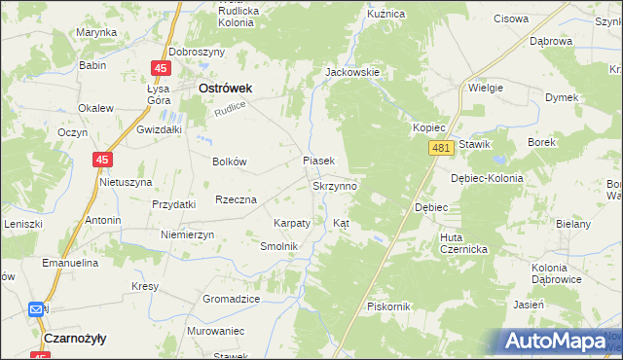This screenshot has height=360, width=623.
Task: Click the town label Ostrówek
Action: (x=225, y=88)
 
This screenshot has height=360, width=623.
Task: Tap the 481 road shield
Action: (x=441, y=148)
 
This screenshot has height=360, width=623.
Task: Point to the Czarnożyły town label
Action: (x=75, y=339)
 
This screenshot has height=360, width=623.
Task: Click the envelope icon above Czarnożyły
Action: (x=37, y=309)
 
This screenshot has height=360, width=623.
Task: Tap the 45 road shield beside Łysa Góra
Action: (x=161, y=67)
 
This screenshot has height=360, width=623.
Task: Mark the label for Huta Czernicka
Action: (x=463, y=242)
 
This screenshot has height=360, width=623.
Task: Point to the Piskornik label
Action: (x=393, y=306)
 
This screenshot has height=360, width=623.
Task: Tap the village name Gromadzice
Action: (x=231, y=299)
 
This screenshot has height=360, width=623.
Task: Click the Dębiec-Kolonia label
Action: (x=488, y=178)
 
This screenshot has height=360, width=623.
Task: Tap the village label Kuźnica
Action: (x=385, y=15)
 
